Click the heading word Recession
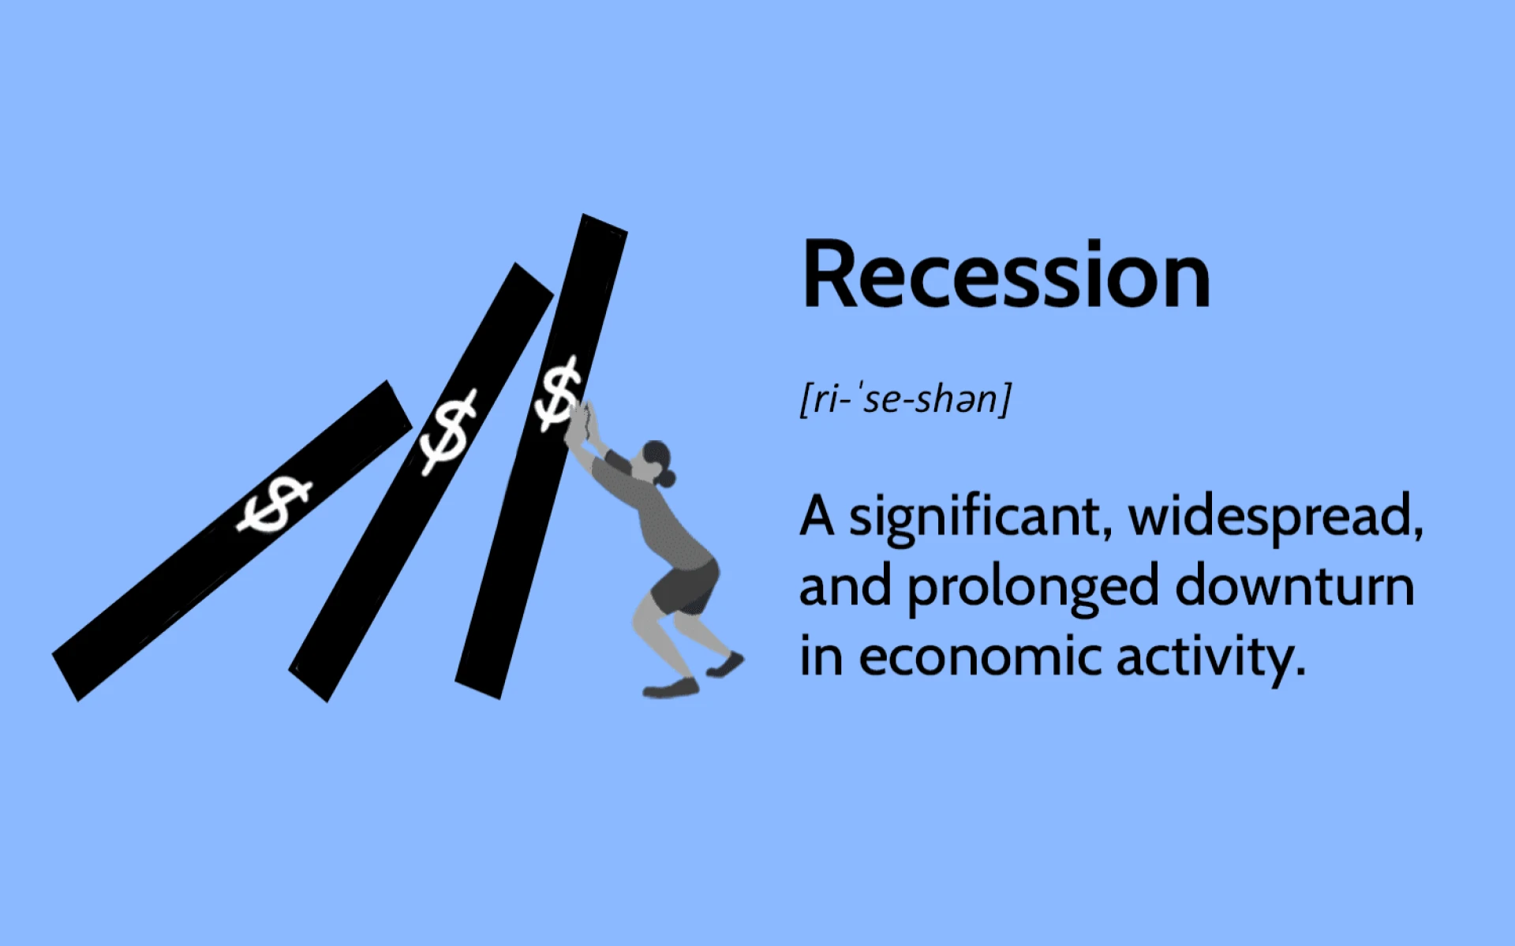click(1006, 274)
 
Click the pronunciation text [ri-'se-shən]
click(905, 398)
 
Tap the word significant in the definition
click(974, 518)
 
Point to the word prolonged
click(1033, 589)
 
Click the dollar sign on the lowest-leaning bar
click(275, 505)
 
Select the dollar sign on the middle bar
click(448, 432)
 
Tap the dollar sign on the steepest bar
click(558, 393)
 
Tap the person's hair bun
click(668, 478)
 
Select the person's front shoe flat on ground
click(671, 689)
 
